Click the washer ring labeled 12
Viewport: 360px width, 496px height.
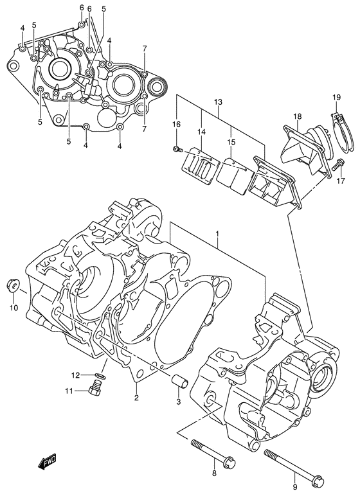[101, 376]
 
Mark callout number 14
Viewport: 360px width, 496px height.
[203, 131]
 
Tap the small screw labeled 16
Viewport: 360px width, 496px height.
[176, 150]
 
